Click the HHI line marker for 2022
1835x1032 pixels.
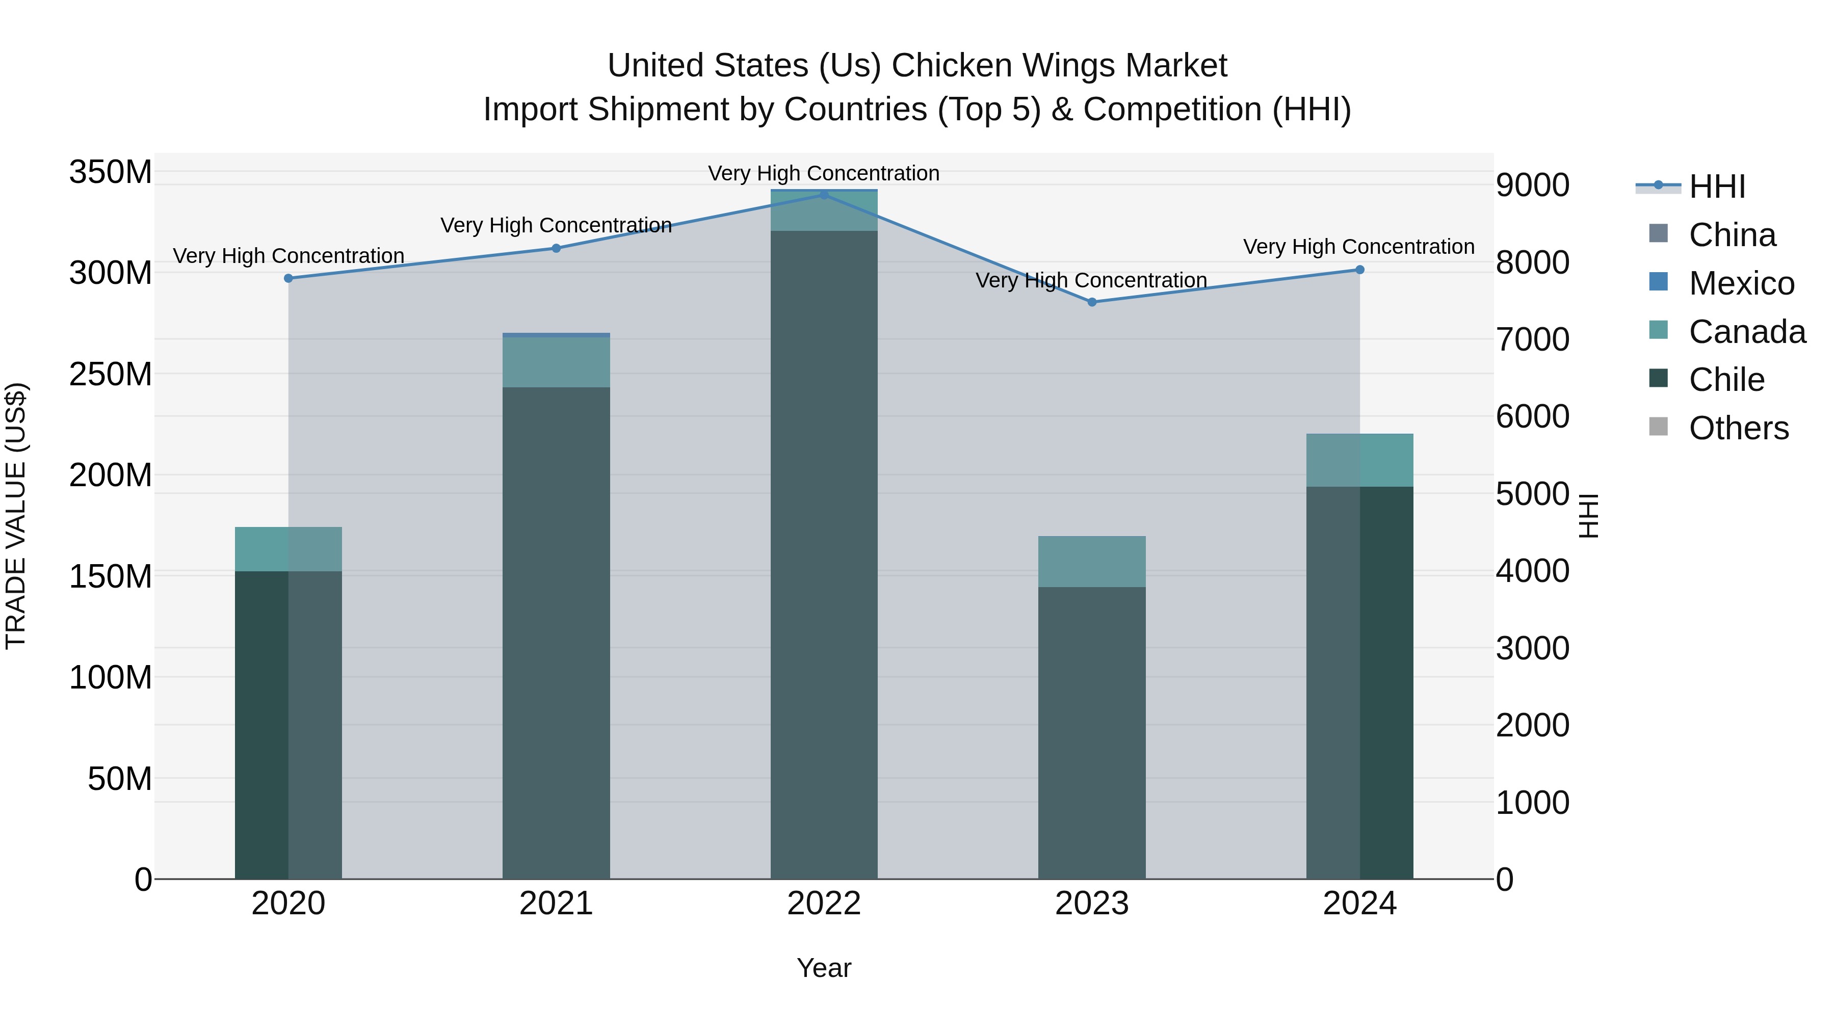click(824, 195)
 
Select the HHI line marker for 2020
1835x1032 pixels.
click(289, 278)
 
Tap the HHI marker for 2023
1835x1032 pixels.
click(1092, 302)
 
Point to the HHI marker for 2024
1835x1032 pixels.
click(1360, 270)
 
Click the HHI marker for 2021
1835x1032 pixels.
click(556, 249)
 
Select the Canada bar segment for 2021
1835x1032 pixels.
click(556, 362)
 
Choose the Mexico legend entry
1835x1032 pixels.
click(1741, 283)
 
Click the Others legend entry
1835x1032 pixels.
click(1738, 428)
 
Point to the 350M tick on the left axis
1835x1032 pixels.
click(111, 172)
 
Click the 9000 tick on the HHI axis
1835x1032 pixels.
click(1532, 185)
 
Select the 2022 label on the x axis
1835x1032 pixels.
click(824, 904)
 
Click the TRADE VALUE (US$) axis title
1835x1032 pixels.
click(16, 516)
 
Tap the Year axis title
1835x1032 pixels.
click(824, 968)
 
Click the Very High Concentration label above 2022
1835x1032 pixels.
click(824, 173)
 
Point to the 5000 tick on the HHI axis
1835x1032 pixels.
click(1532, 493)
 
